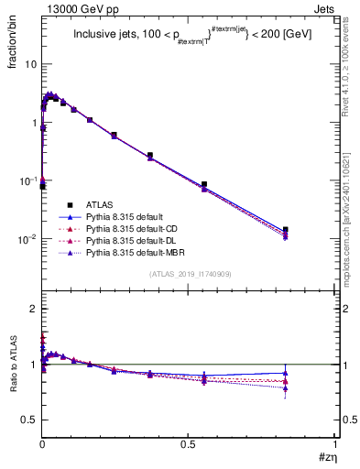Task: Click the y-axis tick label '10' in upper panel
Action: (x=30, y=65)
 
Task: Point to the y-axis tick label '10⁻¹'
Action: (x=27, y=180)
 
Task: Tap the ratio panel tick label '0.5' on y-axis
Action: (x=28, y=420)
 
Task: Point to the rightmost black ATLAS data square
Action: (x=286, y=230)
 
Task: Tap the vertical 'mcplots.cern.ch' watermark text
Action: (x=352, y=220)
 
